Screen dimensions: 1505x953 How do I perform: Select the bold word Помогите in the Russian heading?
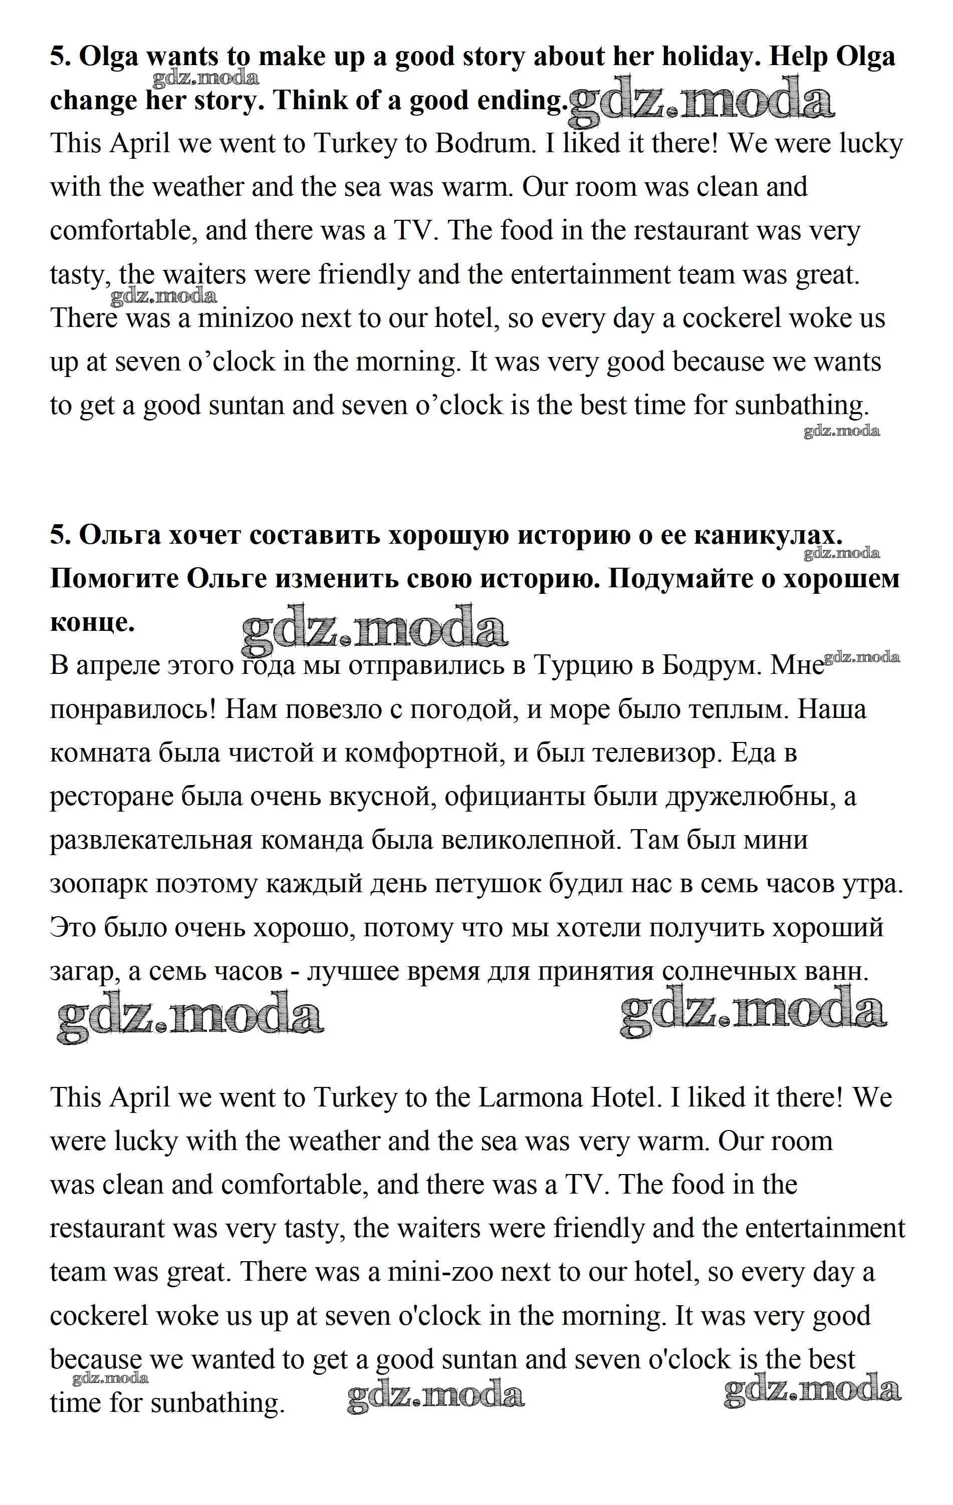pos(113,579)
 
